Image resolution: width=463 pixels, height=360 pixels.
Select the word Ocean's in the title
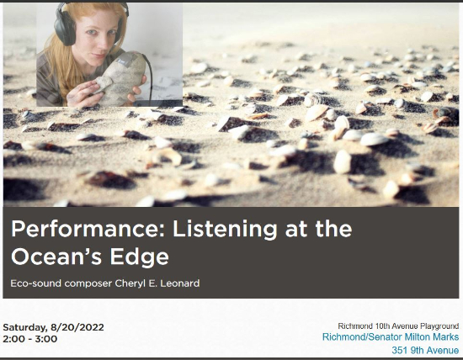[56, 256]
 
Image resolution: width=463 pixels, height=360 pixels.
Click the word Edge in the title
[139, 257]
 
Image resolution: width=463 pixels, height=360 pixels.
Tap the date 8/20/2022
[77, 327]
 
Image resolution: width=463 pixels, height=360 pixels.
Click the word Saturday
[24, 327]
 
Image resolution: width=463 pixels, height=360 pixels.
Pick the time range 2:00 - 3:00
[30, 339]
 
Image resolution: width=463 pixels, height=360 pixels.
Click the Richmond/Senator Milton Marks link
[391, 337]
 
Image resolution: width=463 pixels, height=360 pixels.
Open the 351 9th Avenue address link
[425, 350]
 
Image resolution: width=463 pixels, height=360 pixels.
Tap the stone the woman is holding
[120, 78]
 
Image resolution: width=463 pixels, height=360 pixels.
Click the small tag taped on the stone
[121, 61]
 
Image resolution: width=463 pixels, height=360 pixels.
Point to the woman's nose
[99, 44]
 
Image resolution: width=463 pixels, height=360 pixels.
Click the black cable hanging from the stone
[150, 77]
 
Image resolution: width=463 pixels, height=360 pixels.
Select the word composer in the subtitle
[88, 283]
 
